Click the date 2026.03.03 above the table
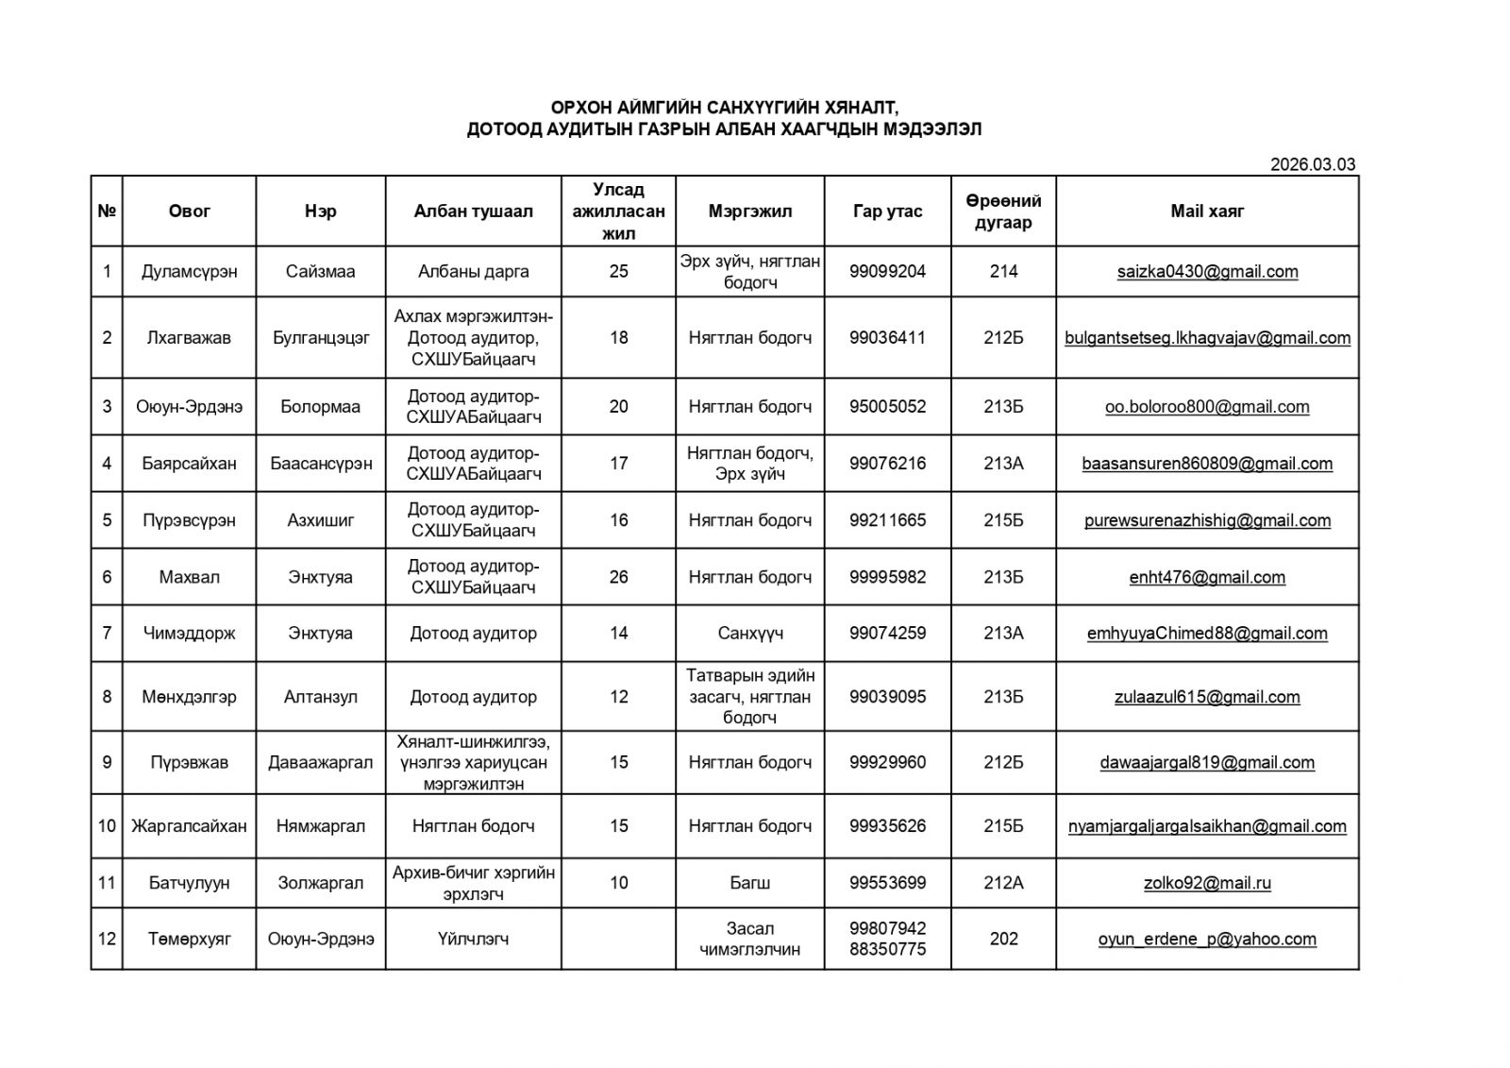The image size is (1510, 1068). pos(1312,164)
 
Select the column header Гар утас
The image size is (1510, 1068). pos(887,212)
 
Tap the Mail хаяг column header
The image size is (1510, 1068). pos(1207,212)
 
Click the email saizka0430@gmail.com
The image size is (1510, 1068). pos(1207,272)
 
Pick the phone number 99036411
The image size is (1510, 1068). pos(887,338)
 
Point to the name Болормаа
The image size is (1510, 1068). pos(320,407)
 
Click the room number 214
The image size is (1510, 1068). pos(1003,272)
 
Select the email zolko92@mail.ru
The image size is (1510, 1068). pos(1207,884)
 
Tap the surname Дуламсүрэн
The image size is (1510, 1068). pos(189,272)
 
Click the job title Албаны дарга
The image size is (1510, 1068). pos(473,272)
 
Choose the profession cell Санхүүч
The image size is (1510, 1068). pos(750,634)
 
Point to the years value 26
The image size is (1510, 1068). pos(618,577)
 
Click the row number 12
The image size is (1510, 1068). pos(107,940)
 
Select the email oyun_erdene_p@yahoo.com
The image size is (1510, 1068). pos(1207,940)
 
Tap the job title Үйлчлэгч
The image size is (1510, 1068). pos(473,940)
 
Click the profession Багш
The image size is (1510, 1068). pos(750,884)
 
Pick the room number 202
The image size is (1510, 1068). pos(1003,940)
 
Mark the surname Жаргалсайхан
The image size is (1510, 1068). pos(189,826)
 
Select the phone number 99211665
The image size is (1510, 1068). pos(887,520)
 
